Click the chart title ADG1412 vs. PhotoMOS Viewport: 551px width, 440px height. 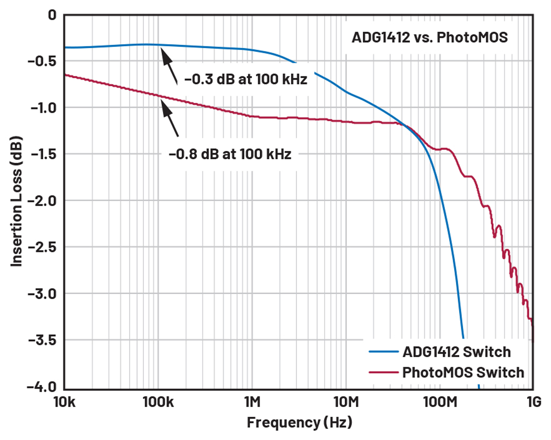(430, 38)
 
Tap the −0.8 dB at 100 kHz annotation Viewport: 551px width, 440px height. (230, 154)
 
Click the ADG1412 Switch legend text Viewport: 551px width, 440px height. (456, 352)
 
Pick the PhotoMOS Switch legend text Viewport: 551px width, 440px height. (463, 372)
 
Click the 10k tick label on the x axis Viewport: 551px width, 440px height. (64, 402)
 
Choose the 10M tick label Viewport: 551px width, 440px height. (346, 402)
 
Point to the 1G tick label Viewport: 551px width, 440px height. (533, 402)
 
